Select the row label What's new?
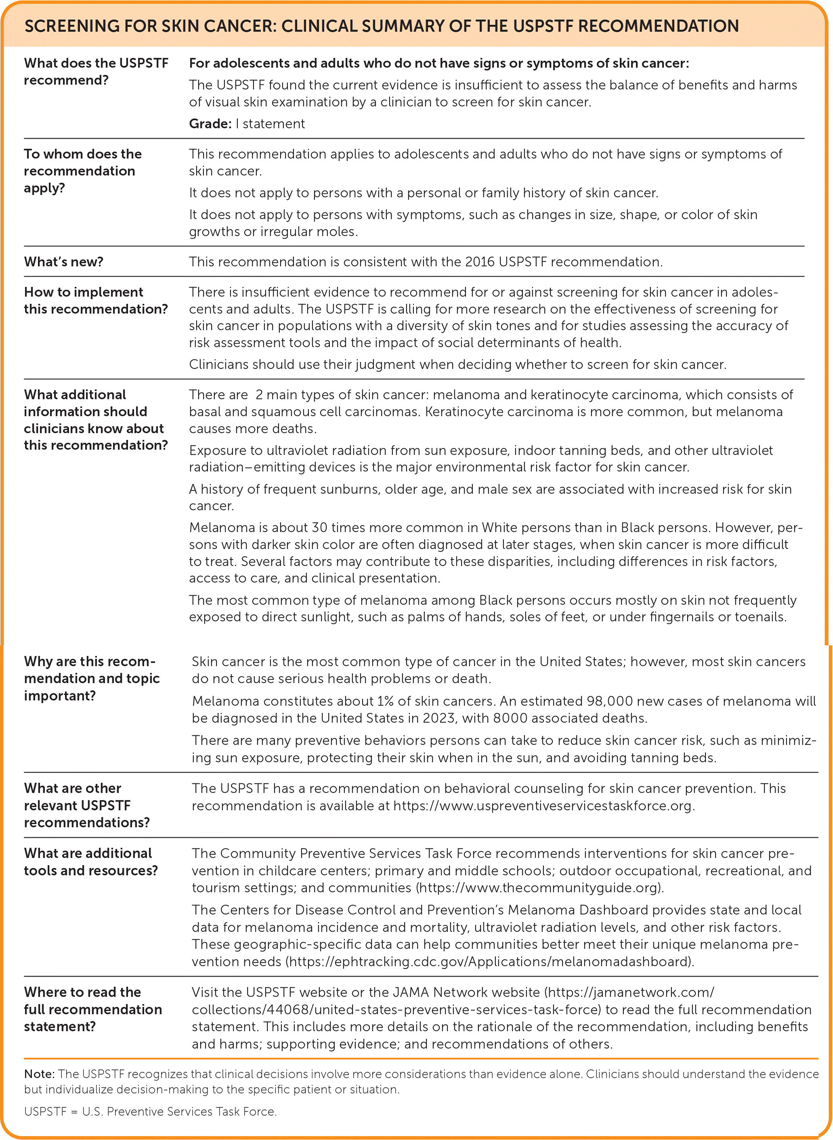[63, 262]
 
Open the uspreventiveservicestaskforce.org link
[543, 805]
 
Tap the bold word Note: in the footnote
[39, 1074]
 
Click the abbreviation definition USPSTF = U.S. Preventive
[150, 1112]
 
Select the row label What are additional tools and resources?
[91, 862]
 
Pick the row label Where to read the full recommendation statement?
[93, 1010]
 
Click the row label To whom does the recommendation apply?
[82, 171]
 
